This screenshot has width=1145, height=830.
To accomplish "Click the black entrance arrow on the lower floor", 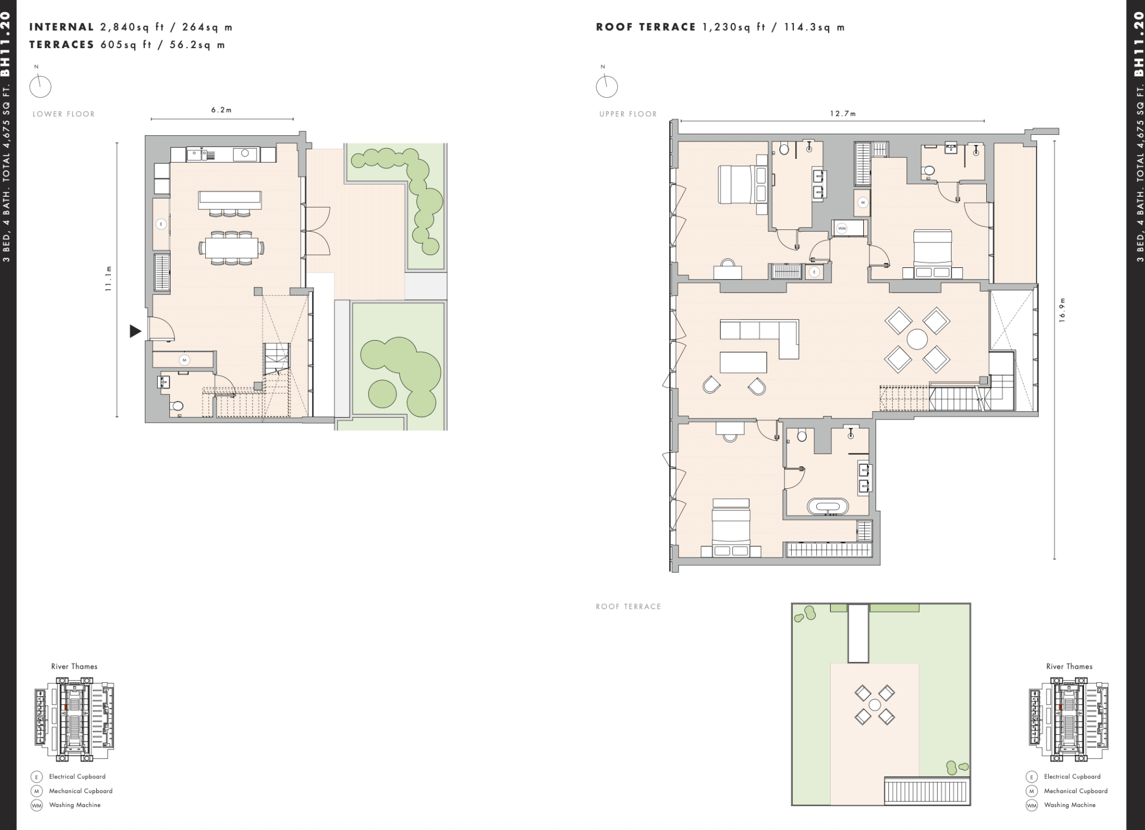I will (x=135, y=331).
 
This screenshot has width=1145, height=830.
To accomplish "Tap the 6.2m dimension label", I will (x=221, y=110).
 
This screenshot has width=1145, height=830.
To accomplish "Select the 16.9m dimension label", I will (x=1063, y=309).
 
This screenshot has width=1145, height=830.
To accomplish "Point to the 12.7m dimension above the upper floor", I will (x=843, y=114).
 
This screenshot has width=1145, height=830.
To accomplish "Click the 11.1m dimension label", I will (x=108, y=278).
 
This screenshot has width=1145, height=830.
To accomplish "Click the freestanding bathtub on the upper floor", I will (x=827, y=507).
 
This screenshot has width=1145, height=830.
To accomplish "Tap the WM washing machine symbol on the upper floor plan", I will (x=842, y=228).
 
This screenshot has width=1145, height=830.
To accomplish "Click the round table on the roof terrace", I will (x=874, y=705).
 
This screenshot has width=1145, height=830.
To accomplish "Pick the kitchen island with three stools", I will (x=229, y=198).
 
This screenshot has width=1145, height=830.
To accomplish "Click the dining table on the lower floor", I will (x=231, y=247).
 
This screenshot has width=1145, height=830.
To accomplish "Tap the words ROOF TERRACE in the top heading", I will (x=646, y=27).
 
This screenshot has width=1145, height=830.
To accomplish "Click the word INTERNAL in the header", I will (x=61, y=27).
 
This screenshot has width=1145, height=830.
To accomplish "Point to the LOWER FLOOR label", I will (x=64, y=114).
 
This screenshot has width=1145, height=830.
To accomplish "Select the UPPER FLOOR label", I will (x=628, y=114).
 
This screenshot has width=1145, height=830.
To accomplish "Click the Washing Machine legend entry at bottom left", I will (x=74, y=805).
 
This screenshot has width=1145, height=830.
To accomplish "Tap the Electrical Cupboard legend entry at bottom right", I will (x=1072, y=776).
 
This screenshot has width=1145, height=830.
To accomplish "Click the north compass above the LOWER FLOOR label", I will (x=40, y=87).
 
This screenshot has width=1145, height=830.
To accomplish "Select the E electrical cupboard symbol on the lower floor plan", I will (x=161, y=224).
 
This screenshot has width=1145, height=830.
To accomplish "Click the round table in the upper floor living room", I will (x=917, y=339).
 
